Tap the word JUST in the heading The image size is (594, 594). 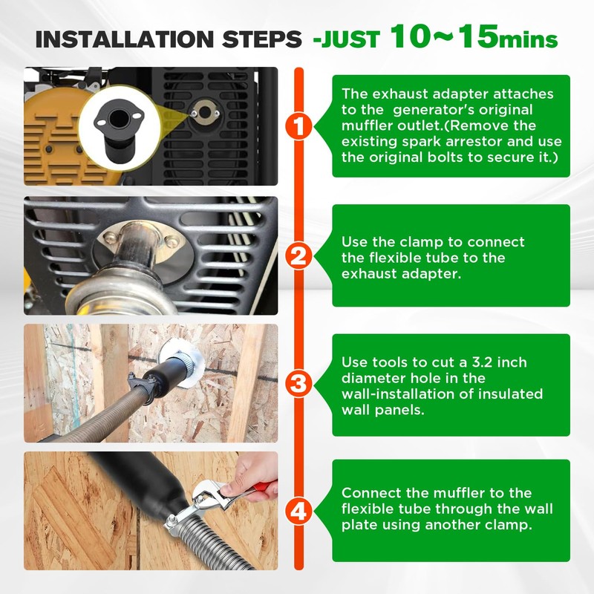pyautogui.click(x=349, y=39)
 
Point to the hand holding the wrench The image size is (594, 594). pyautogui.click(x=252, y=475)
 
